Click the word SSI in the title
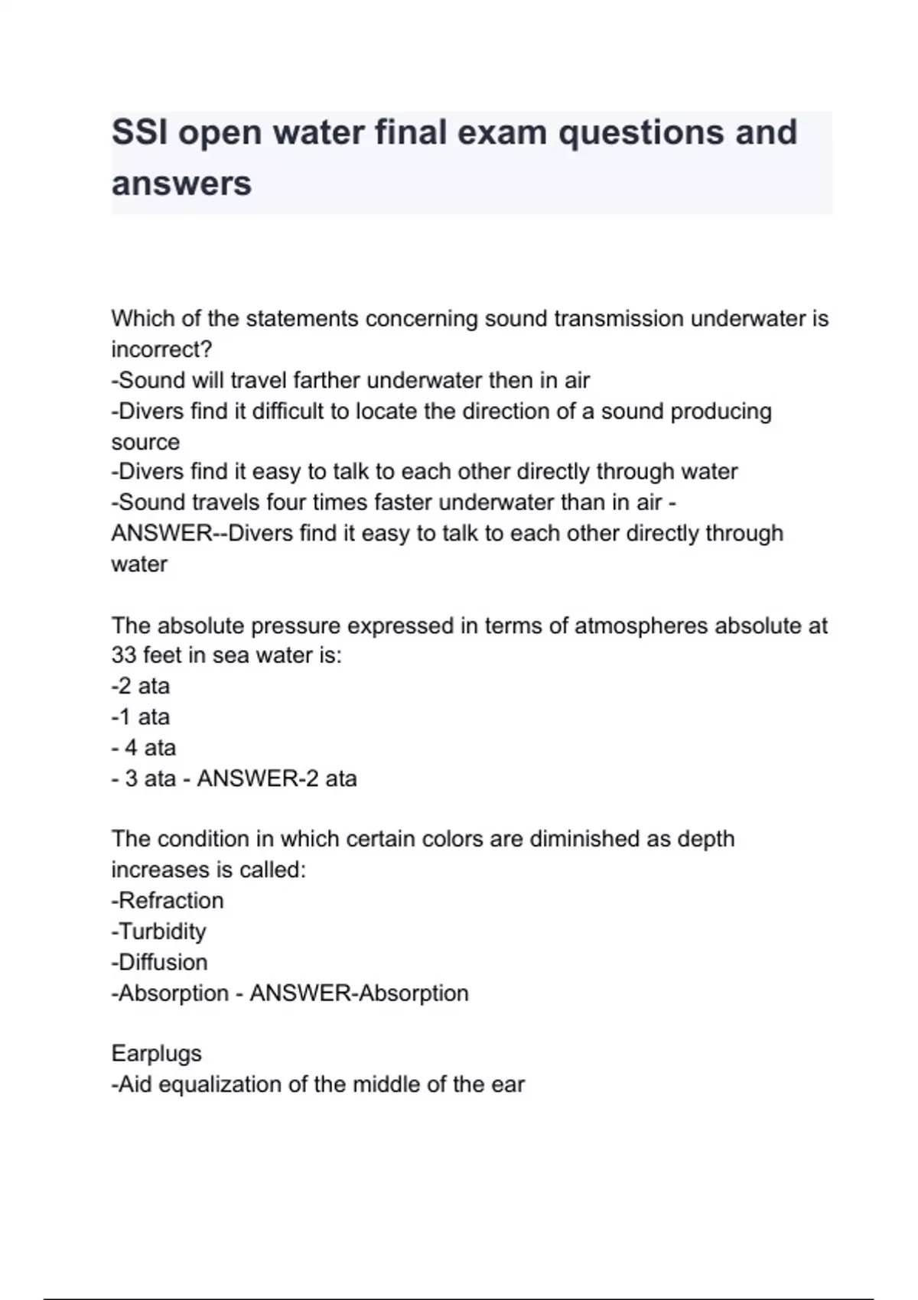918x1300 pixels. coord(139,132)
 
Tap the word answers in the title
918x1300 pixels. coord(181,184)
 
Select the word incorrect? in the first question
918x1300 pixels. coord(161,349)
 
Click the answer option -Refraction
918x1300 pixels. coord(168,901)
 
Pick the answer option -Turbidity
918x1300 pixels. coord(159,931)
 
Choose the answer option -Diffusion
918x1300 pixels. coord(160,962)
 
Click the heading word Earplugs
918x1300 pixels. coord(157,1054)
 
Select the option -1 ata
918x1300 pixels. coord(141,717)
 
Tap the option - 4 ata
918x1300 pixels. coord(144,748)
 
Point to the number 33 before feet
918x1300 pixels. coord(124,655)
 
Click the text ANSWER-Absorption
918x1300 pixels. coord(360,993)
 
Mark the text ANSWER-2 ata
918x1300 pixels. coord(277,778)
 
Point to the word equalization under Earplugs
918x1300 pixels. coord(220,1084)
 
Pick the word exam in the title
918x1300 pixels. coord(501,132)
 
